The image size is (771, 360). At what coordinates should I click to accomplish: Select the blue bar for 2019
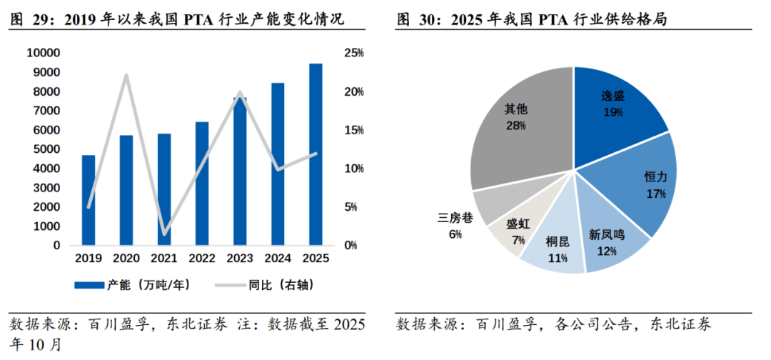pyautogui.click(x=89, y=200)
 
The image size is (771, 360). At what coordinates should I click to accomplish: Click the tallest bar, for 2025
pyautogui.click(x=315, y=154)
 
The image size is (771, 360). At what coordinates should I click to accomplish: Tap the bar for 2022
pyautogui.click(x=202, y=184)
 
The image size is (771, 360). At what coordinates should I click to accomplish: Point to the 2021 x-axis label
pyautogui.click(x=164, y=259)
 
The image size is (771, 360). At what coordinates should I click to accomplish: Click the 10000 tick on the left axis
pyautogui.click(x=44, y=54)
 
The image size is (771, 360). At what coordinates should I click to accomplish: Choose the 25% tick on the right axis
pyautogui.click(x=354, y=54)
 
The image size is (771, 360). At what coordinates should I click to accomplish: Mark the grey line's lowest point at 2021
pyautogui.click(x=164, y=234)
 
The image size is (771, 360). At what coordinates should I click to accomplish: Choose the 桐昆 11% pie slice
pyautogui.click(x=557, y=246)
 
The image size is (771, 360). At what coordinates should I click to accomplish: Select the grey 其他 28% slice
pyautogui.click(x=518, y=121)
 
